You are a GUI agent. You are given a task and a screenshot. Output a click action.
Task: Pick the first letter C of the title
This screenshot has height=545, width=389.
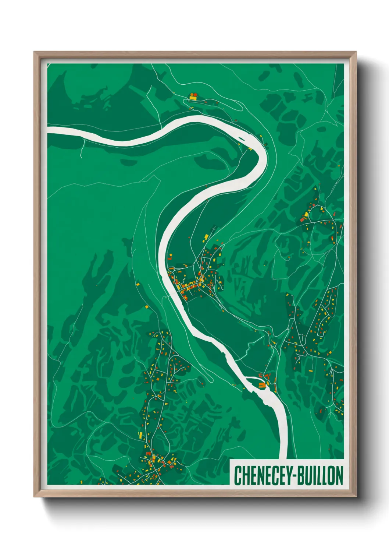pyautogui.click(x=237, y=476)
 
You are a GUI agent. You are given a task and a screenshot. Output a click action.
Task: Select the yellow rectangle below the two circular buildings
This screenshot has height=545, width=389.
pyautogui.click(x=193, y=99)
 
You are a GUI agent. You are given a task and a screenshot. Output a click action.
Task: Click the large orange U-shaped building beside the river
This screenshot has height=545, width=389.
pyautogui.click(x=262, y=385)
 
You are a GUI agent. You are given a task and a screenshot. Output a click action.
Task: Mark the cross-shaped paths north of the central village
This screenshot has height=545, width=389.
pyautogui.click(x=213, y=229)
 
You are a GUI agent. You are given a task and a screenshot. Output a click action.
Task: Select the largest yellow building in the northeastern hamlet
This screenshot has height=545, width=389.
pyautogui.click(x=306, y=214)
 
